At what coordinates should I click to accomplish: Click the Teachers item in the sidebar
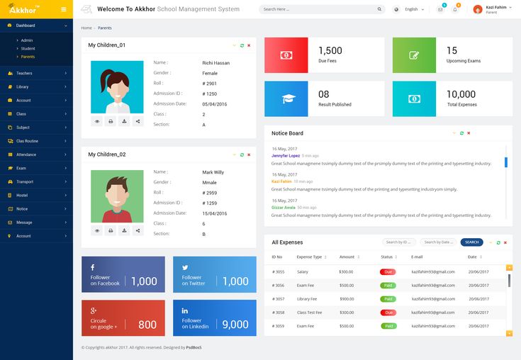click(25, 73)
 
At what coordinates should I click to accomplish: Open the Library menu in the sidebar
click(23, 86)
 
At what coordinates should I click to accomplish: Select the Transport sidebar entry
click(25, 181)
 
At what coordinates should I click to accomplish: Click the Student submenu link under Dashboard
click(28, 48)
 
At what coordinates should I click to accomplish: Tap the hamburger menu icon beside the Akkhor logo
click(63, 9)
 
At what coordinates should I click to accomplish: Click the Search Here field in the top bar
click(321, 9)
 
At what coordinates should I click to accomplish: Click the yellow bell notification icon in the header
click(455, 9)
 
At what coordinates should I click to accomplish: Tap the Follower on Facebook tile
click(123, 274)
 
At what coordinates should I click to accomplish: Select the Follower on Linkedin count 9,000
click(235, 325)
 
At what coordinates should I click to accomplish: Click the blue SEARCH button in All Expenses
click(472, 242)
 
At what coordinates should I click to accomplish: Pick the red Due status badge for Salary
click(388, 271)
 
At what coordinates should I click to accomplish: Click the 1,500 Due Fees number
click(330, 51)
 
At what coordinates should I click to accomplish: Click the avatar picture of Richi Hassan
click(117, 86)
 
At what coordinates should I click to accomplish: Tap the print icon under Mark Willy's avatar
click(111, 230)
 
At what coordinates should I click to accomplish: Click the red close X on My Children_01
click(249, 45)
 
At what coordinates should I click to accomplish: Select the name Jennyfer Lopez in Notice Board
click(285, 155)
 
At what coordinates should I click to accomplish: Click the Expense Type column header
click(309, 257)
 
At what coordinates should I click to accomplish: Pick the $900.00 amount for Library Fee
click(347, 299)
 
